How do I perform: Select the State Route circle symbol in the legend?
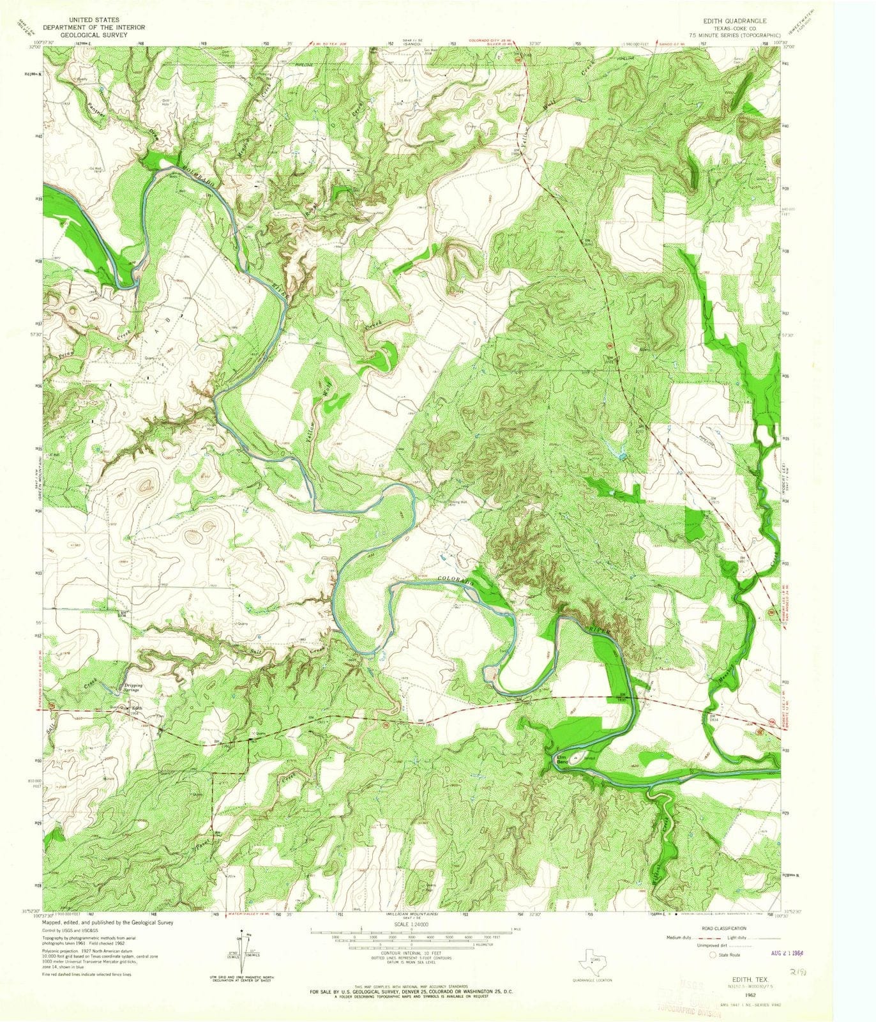713,954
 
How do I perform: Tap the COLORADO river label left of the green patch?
455,579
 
